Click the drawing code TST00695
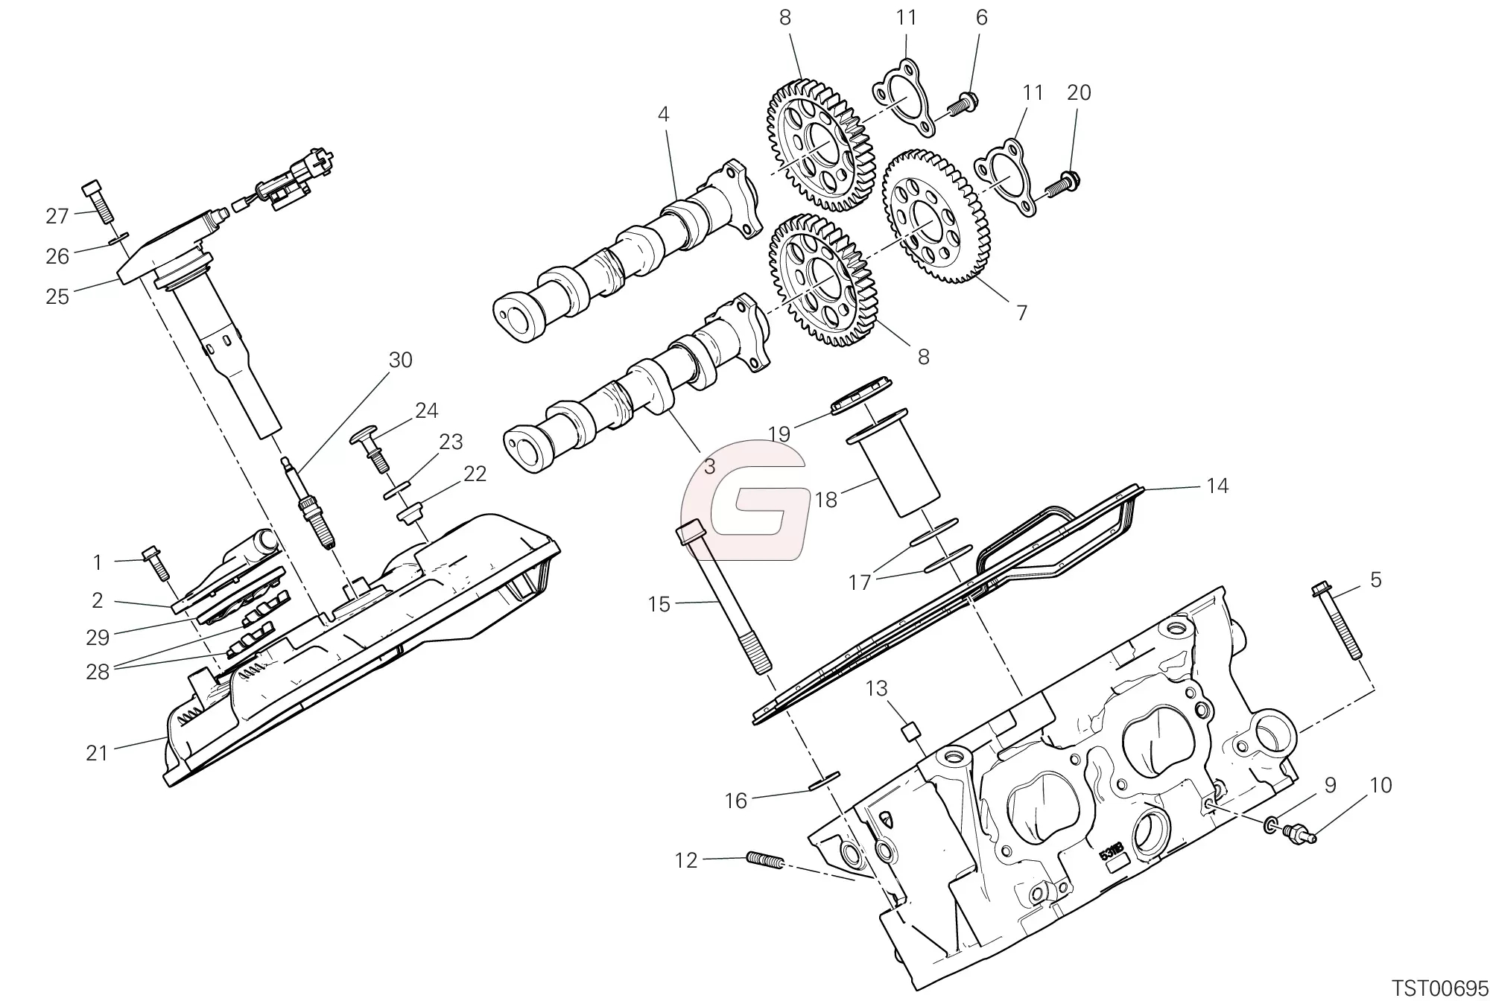pos(1439,988)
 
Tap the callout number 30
pos(401,360)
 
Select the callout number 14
pos(1217,486)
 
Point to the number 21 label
pos(97,753)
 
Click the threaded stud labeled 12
pos(764,862)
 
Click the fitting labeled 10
pos(1297,833)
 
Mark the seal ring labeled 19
pos(861,395)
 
